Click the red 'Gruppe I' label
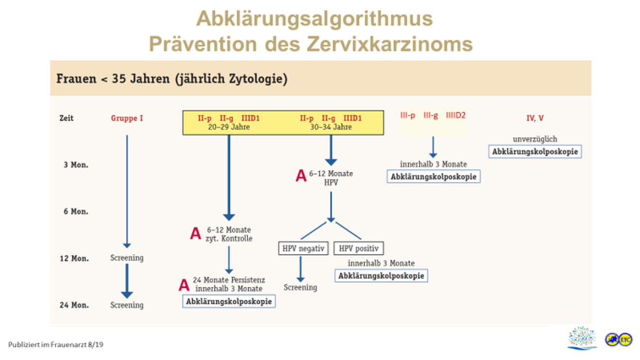coord(127,118)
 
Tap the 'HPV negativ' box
coord(303,248)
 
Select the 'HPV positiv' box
coord(359,248)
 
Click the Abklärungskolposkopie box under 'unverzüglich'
coord(535,151)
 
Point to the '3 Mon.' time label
coord(76,164)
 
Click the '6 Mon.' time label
coord(76,212)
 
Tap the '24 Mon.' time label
coord(74,305)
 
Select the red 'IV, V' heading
coord(535,118)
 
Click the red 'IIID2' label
coord(456,115)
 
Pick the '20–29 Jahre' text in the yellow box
coord(229,127)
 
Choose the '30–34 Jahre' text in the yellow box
coord(331,127)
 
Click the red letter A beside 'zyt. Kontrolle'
coord(196,233)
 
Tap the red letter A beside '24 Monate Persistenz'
coord(184,285)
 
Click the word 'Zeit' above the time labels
coord(66,118)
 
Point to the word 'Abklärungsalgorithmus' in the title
coord(314,18)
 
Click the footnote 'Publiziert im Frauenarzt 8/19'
coord(56,344)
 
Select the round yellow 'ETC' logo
coord(625,340)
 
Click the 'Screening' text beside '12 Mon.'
coord(127,258)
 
